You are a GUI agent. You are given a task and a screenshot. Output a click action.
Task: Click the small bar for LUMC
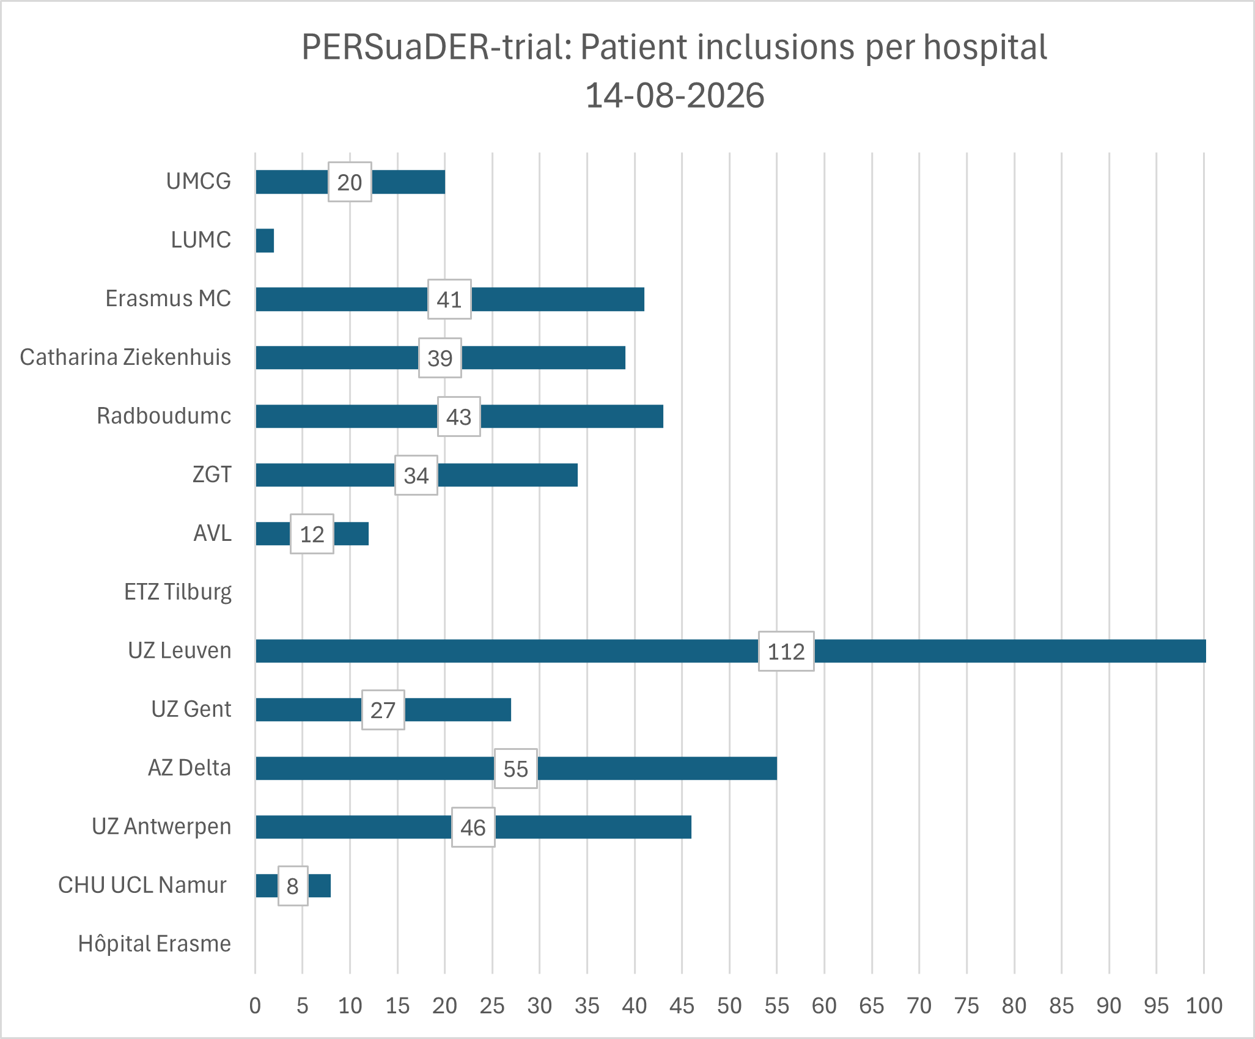(265, 240)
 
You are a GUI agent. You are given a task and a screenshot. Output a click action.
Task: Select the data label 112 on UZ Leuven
(786, 651)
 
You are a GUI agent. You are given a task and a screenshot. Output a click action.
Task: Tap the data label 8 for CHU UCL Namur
(293, 886)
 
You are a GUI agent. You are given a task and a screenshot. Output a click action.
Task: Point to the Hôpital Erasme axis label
(155, 944)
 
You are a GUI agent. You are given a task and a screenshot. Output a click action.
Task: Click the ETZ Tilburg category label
(178, 592)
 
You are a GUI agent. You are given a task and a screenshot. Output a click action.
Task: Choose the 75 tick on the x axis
(966, 1005)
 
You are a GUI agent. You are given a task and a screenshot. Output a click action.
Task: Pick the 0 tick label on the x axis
(255, 1005)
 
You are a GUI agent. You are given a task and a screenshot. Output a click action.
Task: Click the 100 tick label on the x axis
(1204, 1005)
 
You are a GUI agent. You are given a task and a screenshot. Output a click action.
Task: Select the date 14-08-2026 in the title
(675, 95)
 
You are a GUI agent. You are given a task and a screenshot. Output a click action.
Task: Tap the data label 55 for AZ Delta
(516, 768)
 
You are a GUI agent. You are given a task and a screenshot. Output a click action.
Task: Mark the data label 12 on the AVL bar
(312, 534)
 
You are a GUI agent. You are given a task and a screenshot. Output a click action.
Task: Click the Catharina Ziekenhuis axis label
(125, 357)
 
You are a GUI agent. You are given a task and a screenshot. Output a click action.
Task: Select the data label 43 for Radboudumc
(459, 416)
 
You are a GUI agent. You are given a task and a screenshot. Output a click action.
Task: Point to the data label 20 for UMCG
(350, 182)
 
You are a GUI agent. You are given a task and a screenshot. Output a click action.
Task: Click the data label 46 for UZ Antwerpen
(473, 827)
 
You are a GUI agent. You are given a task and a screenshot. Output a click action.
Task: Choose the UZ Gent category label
(191, 709)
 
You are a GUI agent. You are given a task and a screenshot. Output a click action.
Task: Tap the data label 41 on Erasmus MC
(449, 299)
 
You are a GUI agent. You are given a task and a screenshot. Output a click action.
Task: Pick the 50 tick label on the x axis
(729, 1005)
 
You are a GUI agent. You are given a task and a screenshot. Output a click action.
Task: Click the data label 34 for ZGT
(416, 475)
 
